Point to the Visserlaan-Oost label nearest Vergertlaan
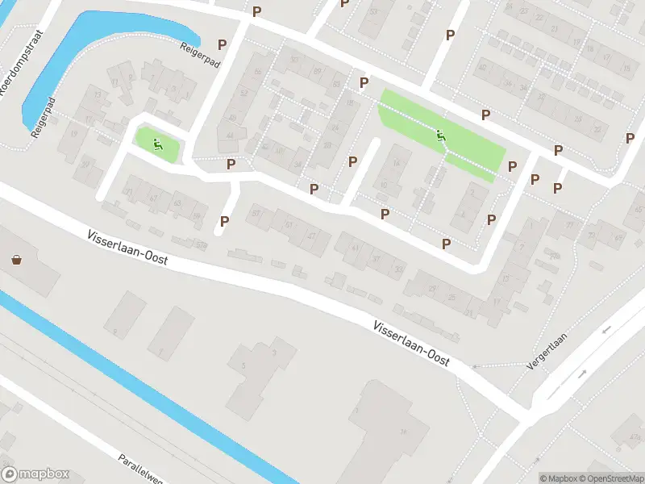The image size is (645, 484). point(410,344)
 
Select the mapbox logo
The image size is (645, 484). point(35,474)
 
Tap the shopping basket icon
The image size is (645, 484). point(16,260)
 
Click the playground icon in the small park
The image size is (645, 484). point(157,145)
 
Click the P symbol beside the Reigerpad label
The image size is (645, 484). point(222,45)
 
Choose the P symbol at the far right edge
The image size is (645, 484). point(630,138)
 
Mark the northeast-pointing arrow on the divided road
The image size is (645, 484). point(583,373)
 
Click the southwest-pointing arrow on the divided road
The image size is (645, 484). point(606,330)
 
